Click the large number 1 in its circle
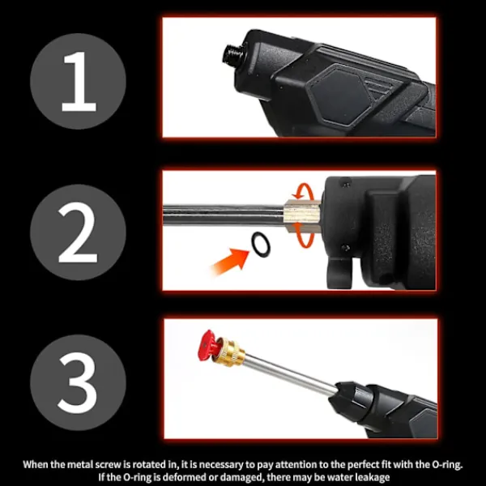[x=80, y=81]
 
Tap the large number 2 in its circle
[x=78, y=232]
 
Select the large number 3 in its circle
[x=78, y=383]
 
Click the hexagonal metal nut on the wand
[x=301, y=216]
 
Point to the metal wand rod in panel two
[x=224, y=215]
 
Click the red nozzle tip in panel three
[x=207, y=346]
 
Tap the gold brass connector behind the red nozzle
[x=230, y=352]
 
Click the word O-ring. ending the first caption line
[x=446, y=464]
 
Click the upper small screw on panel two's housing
[x=347, y=185]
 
